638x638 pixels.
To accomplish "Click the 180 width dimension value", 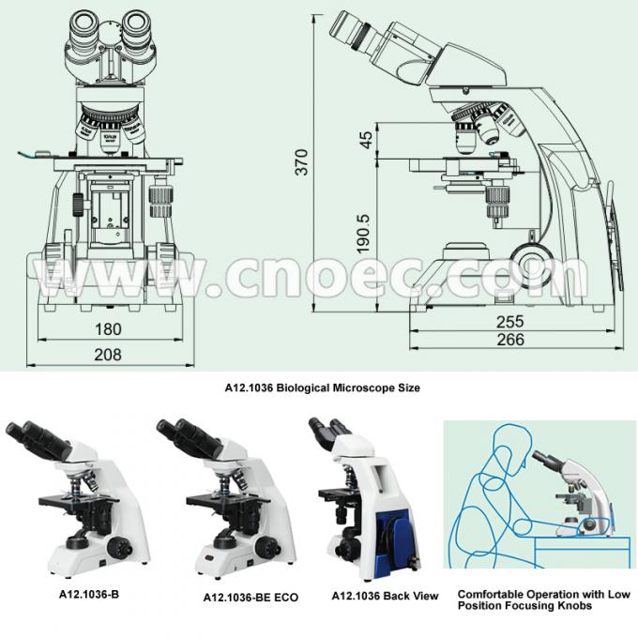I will [109, 329].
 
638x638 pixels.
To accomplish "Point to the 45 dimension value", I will [365, 141].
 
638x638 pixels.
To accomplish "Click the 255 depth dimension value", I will [510, 321].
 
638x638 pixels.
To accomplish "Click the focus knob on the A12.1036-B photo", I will [120, 543].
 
